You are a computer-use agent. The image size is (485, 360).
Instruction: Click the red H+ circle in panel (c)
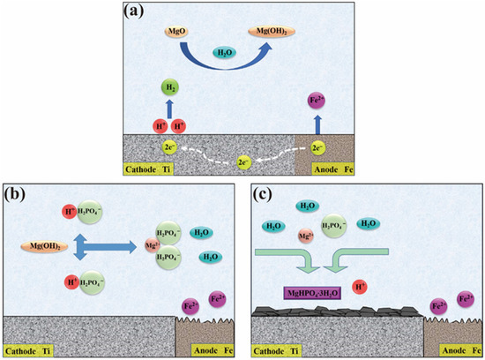(360, 287)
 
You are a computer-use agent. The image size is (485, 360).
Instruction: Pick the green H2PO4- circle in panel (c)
(335, 227)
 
